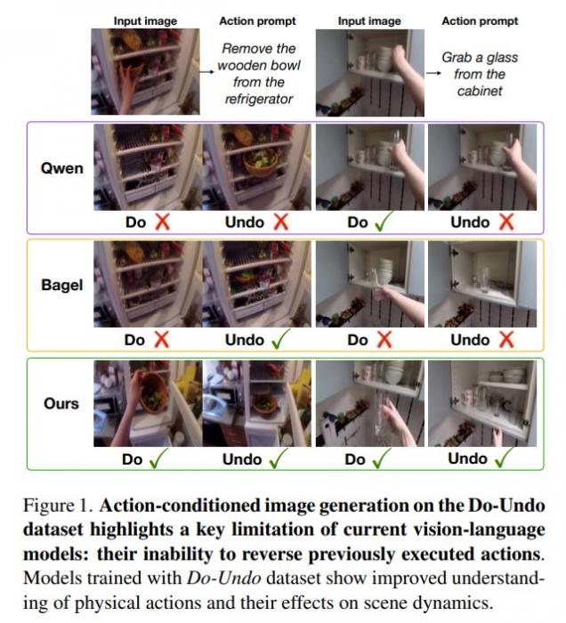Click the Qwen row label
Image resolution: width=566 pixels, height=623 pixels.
62,168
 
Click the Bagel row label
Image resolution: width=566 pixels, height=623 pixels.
62,286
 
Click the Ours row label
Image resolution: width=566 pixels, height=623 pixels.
61,403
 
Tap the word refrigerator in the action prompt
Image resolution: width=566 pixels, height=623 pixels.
259,99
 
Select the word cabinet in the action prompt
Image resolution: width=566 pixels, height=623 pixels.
480,91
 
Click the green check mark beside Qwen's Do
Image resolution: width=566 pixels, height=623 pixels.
383,222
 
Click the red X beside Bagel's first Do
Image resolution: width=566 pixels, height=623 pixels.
161,340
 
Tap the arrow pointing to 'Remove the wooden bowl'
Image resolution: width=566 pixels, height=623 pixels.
206,72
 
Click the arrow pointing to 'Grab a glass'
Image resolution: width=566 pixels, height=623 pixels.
433,73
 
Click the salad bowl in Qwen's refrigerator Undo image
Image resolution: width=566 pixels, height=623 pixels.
261,159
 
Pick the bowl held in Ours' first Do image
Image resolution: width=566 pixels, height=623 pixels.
153,392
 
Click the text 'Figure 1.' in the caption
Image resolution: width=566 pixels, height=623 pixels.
58,506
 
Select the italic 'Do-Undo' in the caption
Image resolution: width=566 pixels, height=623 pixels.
223,578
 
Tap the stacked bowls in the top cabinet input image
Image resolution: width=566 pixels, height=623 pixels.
384,59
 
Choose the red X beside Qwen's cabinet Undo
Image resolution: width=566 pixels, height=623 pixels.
506,222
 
